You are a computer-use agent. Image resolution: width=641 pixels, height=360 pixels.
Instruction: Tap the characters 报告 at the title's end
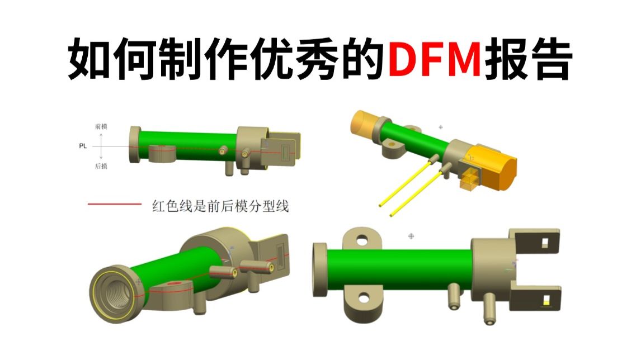[x=527, y=59]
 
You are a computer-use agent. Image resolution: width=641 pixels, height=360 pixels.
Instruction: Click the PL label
[x=83, y=146]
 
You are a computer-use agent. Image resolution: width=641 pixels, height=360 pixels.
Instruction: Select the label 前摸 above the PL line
[x=101, y=126]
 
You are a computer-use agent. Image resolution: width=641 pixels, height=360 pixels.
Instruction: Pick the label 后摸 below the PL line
[x=101, y=166]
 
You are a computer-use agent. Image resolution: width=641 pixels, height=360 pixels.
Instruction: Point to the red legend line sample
[x=115, y=204]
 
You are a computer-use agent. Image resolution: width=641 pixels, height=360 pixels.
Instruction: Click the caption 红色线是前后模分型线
[x=220, y=206]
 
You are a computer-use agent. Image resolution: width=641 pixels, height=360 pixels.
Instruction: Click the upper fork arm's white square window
[x=545, y=243]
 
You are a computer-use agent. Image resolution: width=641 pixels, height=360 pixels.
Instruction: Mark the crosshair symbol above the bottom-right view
[x=411, y=236]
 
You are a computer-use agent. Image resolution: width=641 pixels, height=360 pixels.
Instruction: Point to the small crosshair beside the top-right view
[x=441, y=127]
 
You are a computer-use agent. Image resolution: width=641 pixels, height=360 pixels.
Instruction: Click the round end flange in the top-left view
[x=134, y=145]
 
